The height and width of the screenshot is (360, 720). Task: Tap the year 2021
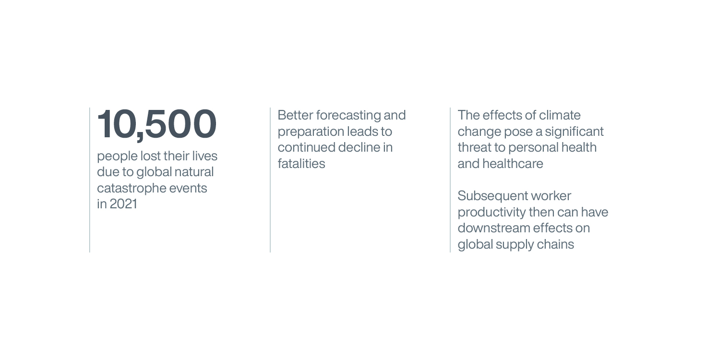click(x=123, y=204)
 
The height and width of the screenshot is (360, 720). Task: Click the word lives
click(x=205, y=156)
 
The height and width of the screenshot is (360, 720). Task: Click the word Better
click(x=295, y=115)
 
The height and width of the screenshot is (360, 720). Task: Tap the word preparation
click(x=311, y=132)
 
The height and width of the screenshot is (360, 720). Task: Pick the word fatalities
click(x=301, y=164)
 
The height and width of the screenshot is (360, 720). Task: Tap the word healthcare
click(x=513, y=164)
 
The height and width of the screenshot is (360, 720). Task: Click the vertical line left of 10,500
click(x=90, y=180)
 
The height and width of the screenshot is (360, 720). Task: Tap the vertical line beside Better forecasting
click(x=270, y=180)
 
